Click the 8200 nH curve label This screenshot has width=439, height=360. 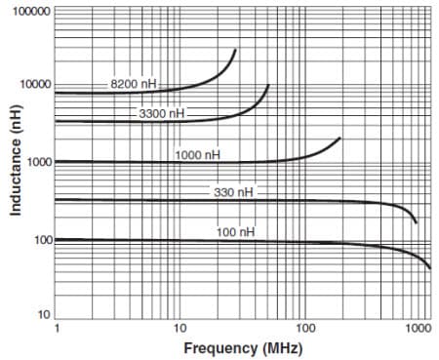click(x=133, y=84)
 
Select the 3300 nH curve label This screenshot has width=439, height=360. click(x=162, y=114)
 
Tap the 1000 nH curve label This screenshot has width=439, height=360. click(x=198, y=154)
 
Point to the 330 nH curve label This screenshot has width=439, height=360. click(x=233, y=192)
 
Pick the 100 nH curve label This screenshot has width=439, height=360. click(x=235, y=231)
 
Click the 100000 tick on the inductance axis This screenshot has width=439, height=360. click(x=31, y=10)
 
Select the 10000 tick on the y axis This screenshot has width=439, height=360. click(x=34, y=85)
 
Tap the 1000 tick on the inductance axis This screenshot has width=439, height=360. click(x=37, y=162)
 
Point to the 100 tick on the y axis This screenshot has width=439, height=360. click(x=40, y=240)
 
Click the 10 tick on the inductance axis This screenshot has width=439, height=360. click(x=43, y=315)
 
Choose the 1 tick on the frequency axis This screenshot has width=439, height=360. click(x=56, y=329)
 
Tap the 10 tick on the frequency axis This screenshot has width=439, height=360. click(x=180, y=329)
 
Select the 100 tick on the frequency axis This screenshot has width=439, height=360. click(x=303, y=329)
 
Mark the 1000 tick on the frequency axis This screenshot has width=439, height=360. click(x=418, y=329)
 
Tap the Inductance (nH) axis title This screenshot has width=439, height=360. click(x=15, y=162)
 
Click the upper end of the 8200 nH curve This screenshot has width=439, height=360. click(x=235, y=50)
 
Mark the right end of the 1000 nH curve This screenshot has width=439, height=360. click(x=339, y=138)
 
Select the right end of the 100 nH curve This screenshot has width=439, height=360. click(x=430, y=267)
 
